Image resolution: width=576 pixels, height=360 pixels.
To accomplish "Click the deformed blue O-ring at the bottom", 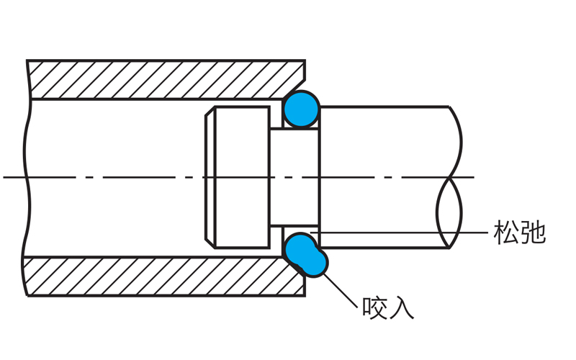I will coord(305,253).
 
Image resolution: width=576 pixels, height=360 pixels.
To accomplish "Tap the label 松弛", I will coord(519,233).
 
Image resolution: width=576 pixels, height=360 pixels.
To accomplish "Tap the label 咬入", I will coord(388,307).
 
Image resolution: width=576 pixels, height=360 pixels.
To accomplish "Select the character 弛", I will coord(533,233).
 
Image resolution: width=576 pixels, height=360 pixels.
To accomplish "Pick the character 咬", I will coord(375,307).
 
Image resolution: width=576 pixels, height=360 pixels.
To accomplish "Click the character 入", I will coord(402,307).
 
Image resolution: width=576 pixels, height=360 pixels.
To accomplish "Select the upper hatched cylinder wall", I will coord(166,79).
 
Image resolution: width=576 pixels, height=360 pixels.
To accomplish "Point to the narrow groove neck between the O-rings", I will coord(295,177).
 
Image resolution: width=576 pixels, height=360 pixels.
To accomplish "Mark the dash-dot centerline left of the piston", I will coord(108,177).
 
